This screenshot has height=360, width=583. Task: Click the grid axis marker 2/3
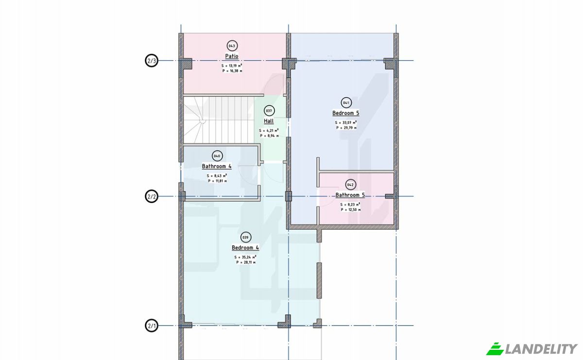(x=152, y=61)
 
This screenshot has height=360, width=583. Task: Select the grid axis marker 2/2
(x=152, y=196)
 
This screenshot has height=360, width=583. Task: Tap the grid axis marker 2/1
(x=152, y=326)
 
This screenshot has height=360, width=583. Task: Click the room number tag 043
(x=232, y=46)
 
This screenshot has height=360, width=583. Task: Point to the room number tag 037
(x=269, y=111)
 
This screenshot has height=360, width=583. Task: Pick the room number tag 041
(x=346, y=103)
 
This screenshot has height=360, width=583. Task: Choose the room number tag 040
(x=217, y=156)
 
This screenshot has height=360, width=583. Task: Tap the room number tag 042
(x=350, y=185)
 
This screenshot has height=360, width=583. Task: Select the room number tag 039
(x=245, y=238)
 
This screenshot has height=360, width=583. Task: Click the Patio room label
(x=232, y=56)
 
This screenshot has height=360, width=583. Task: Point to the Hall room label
(x=269, y=121)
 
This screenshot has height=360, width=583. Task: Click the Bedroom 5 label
(x=346, y=113)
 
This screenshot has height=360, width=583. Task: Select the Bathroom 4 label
(x=217, y=166)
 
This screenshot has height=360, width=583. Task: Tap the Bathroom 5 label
(x=350, y=195)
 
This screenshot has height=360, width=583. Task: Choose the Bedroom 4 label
(x=245, y=248)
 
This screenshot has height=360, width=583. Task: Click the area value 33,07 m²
(x=346, y=122)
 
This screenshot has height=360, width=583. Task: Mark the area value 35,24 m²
(x=245, y=257)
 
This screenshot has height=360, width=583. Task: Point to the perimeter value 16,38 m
(x=232, y=71)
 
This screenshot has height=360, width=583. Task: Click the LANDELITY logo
(x=532, y=349)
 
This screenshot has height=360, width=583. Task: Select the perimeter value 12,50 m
(x=351, y=210)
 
